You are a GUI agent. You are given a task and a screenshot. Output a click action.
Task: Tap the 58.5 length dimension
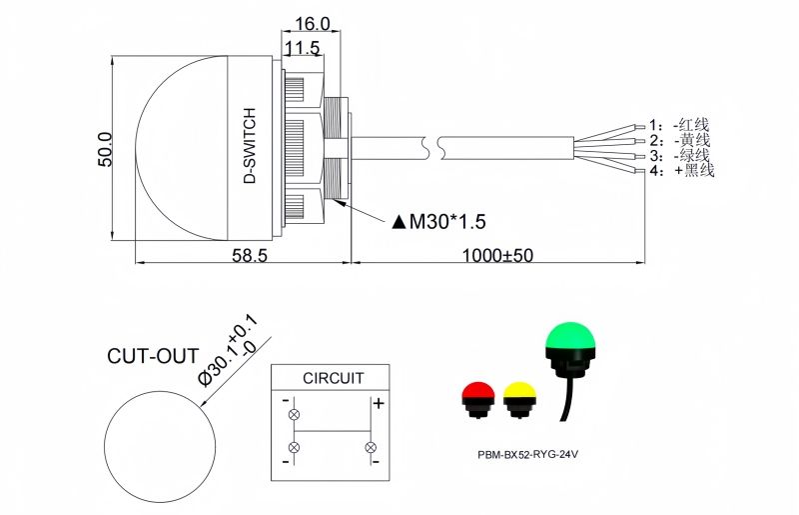point(249,256)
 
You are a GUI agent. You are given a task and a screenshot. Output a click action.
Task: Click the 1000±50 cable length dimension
point(497,256)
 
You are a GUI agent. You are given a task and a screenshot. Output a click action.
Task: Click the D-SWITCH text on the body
point(250,146)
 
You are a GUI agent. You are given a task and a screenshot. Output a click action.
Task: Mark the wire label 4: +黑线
point(681,171)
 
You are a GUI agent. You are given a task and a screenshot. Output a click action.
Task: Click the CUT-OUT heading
point(153,357)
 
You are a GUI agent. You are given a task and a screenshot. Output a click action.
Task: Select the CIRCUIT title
point(333,378)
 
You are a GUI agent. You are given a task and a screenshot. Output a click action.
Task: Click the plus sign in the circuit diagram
point(379,404)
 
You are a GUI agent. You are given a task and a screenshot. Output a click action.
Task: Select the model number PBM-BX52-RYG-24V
point(528,453)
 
